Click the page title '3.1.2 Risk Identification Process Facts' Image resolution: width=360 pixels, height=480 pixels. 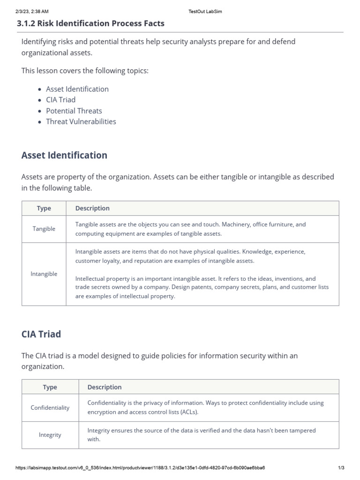click(90, 23)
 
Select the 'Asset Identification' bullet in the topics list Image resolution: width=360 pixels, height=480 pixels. click(77, 89)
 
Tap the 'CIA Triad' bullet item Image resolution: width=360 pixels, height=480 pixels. click(60, 100)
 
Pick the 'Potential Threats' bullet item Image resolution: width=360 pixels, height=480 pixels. click(74, 111)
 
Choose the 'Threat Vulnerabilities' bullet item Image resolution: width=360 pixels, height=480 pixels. click(81, 121)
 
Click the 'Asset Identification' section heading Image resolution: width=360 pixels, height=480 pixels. click(64, 155)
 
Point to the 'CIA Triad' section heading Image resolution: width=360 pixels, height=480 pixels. click(41, 334)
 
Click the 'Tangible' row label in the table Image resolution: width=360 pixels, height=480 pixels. click(44, 229)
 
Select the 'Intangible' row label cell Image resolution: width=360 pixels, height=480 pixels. click(44, 274)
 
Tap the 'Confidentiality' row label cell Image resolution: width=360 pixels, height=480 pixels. click(50, 407)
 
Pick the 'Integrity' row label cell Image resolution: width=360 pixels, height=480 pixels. click(50, 435)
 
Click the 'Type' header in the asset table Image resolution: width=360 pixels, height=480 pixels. click(44, 208)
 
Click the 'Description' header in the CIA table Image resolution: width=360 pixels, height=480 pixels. click(104, 387)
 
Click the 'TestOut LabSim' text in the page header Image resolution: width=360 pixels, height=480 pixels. click(205, 11)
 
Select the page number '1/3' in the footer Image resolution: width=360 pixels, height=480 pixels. click(341, 468)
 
